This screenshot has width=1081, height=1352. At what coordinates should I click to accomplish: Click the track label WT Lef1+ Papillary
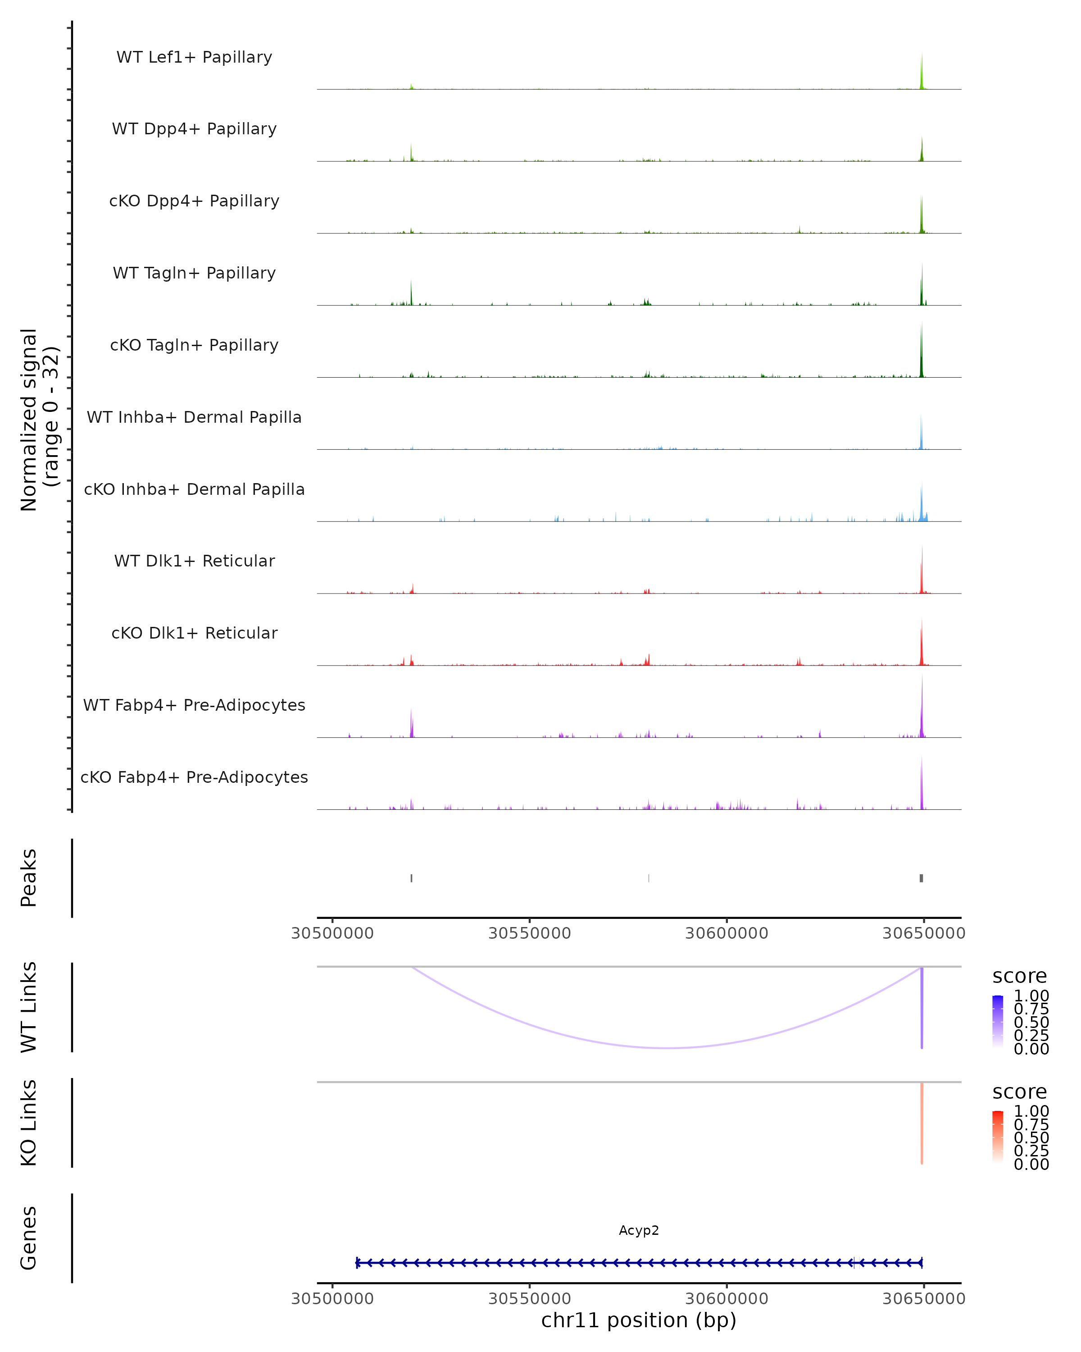tap(194, 57)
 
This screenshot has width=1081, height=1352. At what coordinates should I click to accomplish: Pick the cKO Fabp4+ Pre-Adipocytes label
tap(194, 777)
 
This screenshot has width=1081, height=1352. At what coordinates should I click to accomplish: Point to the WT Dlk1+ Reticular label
tap(194, 561)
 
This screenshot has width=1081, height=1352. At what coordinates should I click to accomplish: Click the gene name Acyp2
tap(639, 1230)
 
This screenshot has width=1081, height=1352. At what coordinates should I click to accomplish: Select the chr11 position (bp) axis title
tap(639, 1320)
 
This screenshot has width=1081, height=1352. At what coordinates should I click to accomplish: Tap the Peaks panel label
tap(29, 877)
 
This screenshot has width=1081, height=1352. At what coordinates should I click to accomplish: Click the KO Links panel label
tap(29, 1123)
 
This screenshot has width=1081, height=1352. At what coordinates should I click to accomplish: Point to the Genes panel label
tap(29, 1238)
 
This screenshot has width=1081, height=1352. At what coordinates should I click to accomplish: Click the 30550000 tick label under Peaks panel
tap(530, 933)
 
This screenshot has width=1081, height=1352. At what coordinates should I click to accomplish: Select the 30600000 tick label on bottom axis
tap(727, 1299)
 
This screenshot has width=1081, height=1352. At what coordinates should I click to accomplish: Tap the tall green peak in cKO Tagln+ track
tap(921, 351)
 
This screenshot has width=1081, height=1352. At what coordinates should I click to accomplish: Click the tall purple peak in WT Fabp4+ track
tap(922, 708)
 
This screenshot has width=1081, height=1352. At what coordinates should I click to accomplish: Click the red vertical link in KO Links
tap(922, 1123)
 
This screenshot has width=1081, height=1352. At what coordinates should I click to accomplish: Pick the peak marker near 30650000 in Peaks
tap(921, 878)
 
